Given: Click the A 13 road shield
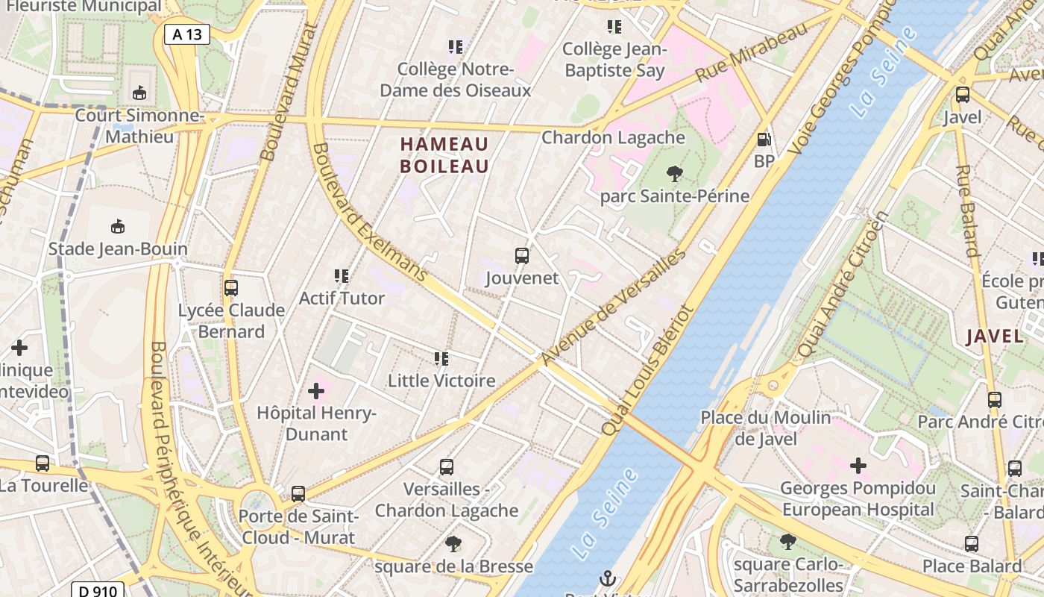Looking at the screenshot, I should pyautogui.click(x=187, y=34).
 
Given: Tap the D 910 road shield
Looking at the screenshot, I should pyautogui.click(x=98, y=591).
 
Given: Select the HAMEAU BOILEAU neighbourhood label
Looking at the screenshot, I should pyautogui.click(x=444, y=155).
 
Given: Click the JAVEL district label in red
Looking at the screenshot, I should pyautogui.click(x=995, y=336).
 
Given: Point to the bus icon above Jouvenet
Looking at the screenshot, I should pyautogui.click(x=522, y=256).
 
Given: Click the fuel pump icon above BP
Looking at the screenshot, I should pyautogui.click(x=764, y=140).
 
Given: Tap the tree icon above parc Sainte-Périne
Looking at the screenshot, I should pyautogui.click(x=674, y=175).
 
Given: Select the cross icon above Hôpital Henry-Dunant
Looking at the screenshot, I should pyautogui.click(x=316, y=390).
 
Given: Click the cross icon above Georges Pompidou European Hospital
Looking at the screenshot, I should pyautogui.click(x=858, y=466).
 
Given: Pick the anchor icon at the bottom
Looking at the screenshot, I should pyautogui.click(x=608, y=578).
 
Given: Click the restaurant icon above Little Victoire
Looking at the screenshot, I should pyautogui.click(x=441, y=359).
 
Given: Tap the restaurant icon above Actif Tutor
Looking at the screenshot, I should pyautogui.click(x=342, y=276).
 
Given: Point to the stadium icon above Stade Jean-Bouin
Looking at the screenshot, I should pyautogui.click(x=118, y=226).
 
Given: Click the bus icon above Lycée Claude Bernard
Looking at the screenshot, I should pyautogui.click(x=231, y=287).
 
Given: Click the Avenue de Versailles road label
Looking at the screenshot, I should pyautogui.click(x=612, y=307).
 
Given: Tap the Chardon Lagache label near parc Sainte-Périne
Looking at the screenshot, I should pyautogui.click(x=613, y=137).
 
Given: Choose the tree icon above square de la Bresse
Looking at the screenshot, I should pyautogui.click(x=453, y=544).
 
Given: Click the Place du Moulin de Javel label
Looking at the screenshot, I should pyautogui.click(x=765, y=428).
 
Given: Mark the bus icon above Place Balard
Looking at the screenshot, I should pyautogui.click(x=972, y=544).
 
